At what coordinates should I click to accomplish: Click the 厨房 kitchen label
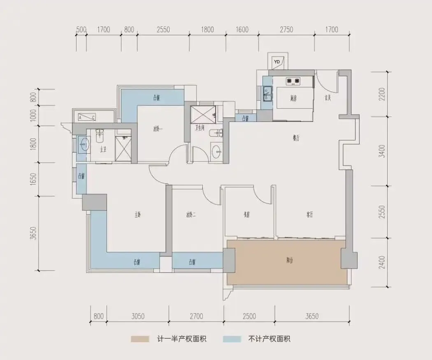pos(293,98)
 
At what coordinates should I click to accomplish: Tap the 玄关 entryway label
pos(327,98)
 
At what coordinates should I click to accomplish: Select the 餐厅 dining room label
pos(295,139)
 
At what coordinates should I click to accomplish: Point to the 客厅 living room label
pos(310,215)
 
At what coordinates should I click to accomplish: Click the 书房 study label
pos(247,215)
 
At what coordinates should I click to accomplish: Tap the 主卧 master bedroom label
pos(138,215)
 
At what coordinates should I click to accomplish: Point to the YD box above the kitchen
pos(277,62)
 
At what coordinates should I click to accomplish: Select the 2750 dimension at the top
pos(286,29)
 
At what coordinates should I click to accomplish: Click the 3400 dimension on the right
pos(383,151)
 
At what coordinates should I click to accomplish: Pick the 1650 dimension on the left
pos(34,180)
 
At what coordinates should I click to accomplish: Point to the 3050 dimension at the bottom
pos(138,316)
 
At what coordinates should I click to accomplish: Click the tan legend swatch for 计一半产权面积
pos(140,339)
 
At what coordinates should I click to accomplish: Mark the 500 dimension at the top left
pos(81,29)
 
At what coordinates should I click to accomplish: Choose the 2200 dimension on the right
pos(383,94)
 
